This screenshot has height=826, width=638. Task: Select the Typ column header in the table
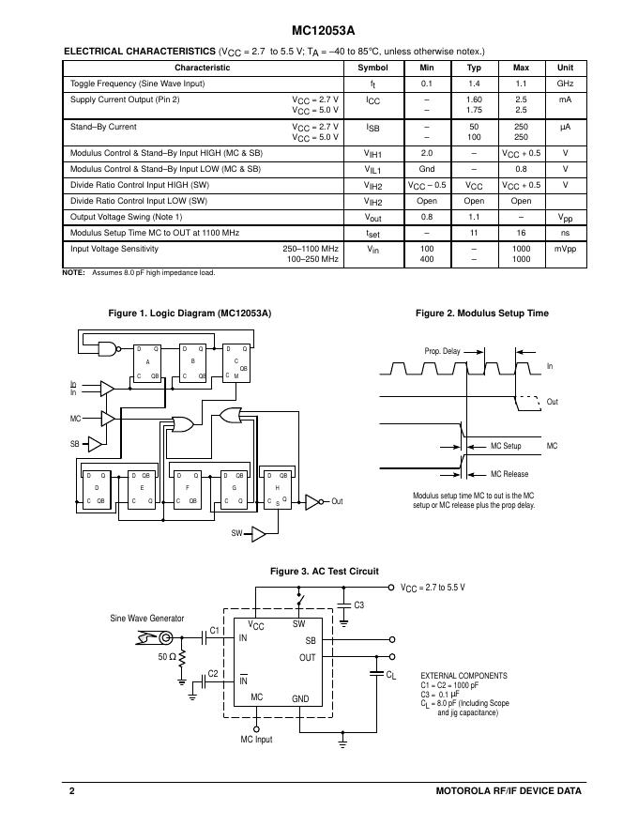point(474,68)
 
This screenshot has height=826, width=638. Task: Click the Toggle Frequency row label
point(137,84)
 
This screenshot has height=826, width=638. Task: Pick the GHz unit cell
point(566,84)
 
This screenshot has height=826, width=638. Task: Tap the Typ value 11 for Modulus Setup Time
point(474,231)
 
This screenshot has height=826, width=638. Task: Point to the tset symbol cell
point(372,232)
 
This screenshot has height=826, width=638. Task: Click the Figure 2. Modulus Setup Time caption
point(482,314)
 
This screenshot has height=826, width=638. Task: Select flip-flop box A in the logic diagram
point(147,361)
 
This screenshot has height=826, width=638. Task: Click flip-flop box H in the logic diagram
point(278,488)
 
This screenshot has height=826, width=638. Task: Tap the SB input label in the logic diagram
point(75,443)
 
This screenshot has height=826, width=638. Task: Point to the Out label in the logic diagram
point(337,501)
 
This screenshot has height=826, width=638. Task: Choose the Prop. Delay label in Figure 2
point(442,351)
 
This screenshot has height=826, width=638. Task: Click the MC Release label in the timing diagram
point(509,474)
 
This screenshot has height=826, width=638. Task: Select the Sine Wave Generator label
point(147,618)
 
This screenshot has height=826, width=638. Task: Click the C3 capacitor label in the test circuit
point(358,605)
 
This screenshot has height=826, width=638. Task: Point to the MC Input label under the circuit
point(256,740)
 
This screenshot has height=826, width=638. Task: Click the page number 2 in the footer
point(71,790)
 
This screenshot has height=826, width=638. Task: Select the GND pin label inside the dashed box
point(300,698)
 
